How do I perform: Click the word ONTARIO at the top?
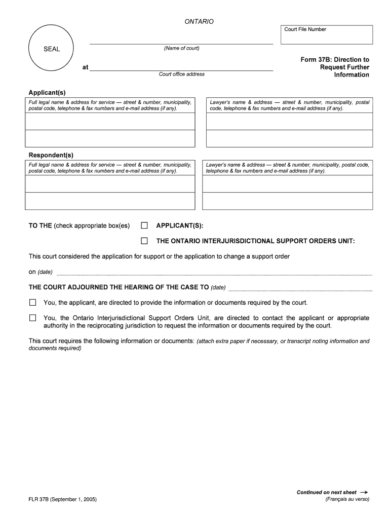(x=199, y=22)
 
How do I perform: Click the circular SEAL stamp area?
(x=51, y=49)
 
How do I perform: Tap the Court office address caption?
(x=181, y=75)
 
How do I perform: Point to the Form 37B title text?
(x=335, y=67)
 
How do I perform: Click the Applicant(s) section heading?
(x=47, y=93)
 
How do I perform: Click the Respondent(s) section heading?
(x=51, y=155)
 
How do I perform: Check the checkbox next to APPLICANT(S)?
(x=144, y=226)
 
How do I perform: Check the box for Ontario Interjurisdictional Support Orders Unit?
(x=144, y=241)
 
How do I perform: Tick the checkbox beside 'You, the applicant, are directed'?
(x=33, y=303)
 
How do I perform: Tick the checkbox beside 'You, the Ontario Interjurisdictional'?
(x=33, y=318)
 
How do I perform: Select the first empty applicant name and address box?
(x=110, y=122)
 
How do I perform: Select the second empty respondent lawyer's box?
(x=287, y=201)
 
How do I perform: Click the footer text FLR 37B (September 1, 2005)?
(x=63, y=499)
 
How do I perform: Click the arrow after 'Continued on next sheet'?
(x=363, y=492)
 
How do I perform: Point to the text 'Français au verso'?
(x=347, y=499)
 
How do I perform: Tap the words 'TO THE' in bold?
(x=40, y=226)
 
